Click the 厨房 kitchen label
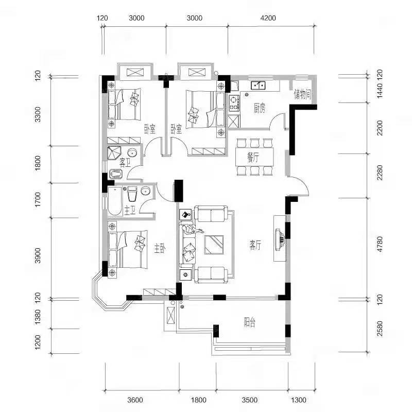[260, 108]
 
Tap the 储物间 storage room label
[303, 94]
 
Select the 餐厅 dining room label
[253, 158]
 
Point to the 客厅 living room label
[255, 245]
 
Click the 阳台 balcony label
[249, 322]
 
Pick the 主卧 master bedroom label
[160, 248]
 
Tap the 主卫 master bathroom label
[130, 210]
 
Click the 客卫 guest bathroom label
[125, 163]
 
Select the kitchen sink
[258, 85]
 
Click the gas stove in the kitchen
[234, 102]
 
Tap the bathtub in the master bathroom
[115, 201]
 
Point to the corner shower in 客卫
[114, 153]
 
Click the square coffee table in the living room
[214, 245]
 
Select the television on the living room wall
[280, 238]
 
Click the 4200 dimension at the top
[268, 18]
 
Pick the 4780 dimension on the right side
[380, 244]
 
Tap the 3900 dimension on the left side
[38, 255]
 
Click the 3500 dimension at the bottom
[250, 400]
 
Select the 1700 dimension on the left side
[38, 199]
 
